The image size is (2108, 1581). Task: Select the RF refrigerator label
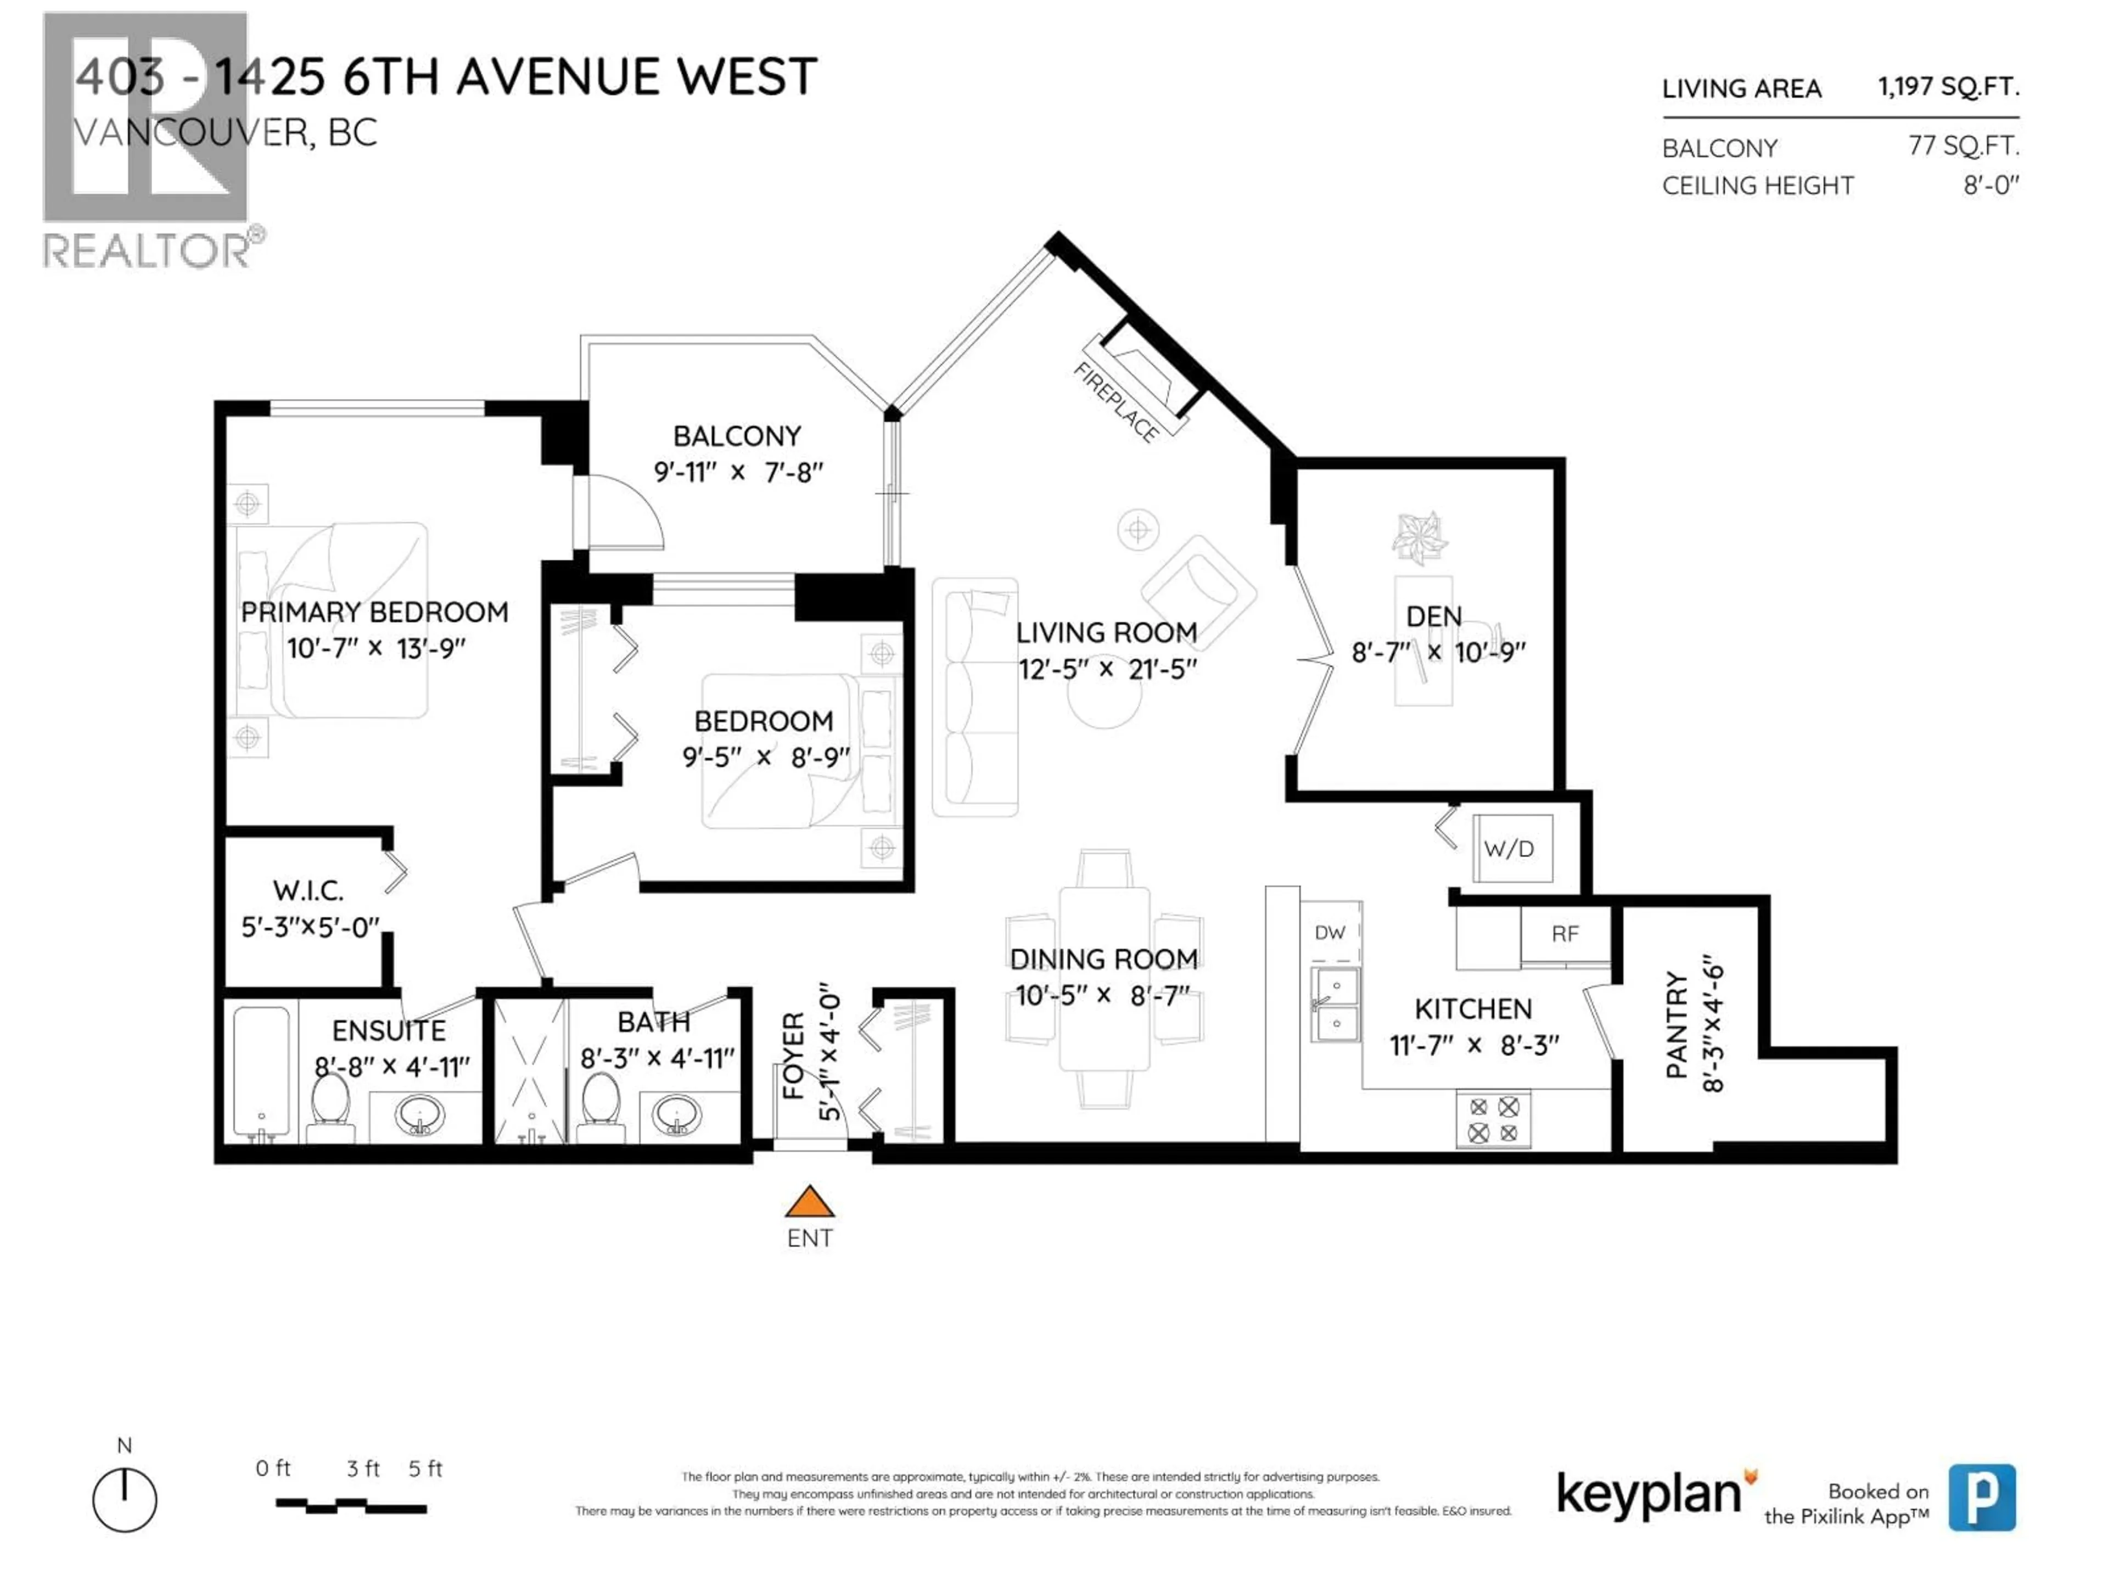1565,934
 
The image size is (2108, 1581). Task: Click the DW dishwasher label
1330,932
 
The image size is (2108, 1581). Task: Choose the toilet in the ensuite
330,1106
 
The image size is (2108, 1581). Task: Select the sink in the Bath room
677,1114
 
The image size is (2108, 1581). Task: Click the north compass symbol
125,1500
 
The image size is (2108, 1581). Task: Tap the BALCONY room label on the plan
737,436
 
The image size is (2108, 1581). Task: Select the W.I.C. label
308,891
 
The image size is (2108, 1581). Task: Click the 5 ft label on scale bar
425,1468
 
